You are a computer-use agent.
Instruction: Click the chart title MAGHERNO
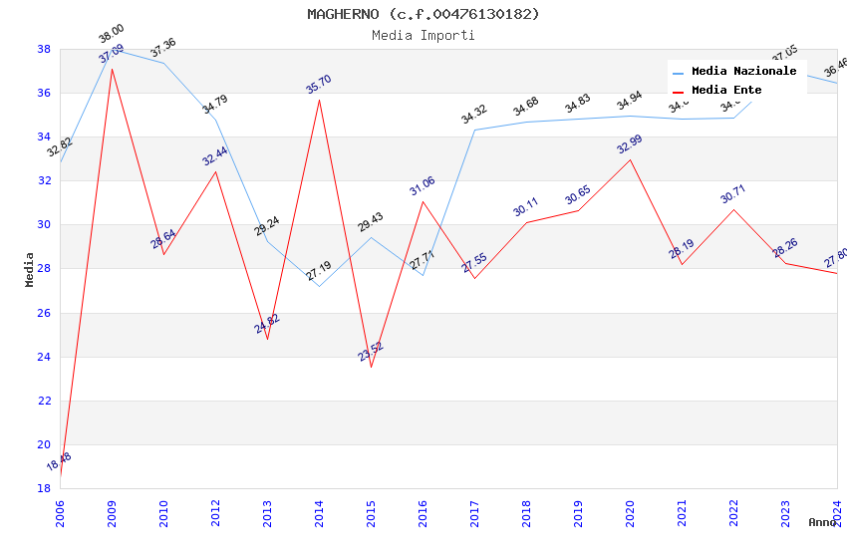pos(423,14)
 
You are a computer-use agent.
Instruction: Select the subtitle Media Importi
pos(423,35)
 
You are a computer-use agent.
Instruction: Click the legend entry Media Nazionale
pos(743,71)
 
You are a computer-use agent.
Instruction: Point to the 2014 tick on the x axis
pos(319,509)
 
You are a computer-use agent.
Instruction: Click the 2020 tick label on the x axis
pos(630,509)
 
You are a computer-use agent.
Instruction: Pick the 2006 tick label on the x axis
pos(60,509)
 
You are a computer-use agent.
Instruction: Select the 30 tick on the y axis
pos(44,224)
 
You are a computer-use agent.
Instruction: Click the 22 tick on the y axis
pos(44,401)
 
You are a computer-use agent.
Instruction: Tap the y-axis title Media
pos(30,269)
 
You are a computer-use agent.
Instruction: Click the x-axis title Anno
pos(822,522)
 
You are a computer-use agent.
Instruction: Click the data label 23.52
pos(371,351)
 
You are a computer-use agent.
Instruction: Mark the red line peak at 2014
pos(319,99)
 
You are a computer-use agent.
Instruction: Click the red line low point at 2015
pos(371,367)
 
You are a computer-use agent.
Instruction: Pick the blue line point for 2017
pos(474,130)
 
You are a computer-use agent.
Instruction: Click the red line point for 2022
pos(733,209)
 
